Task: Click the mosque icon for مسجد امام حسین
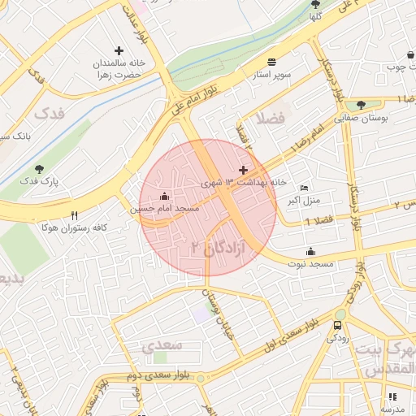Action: [165, 197]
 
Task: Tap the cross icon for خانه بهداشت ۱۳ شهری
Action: [243, 170]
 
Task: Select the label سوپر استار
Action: [270, 74]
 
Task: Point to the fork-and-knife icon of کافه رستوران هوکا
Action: [74, 216]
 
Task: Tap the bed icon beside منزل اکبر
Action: [305, 188]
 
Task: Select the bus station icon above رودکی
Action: [337, 326]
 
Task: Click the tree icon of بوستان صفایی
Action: [361, 105]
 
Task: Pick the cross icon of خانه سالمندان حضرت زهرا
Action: [119, 50]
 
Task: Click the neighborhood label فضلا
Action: [269, 119]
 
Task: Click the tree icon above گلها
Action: [315, 4]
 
